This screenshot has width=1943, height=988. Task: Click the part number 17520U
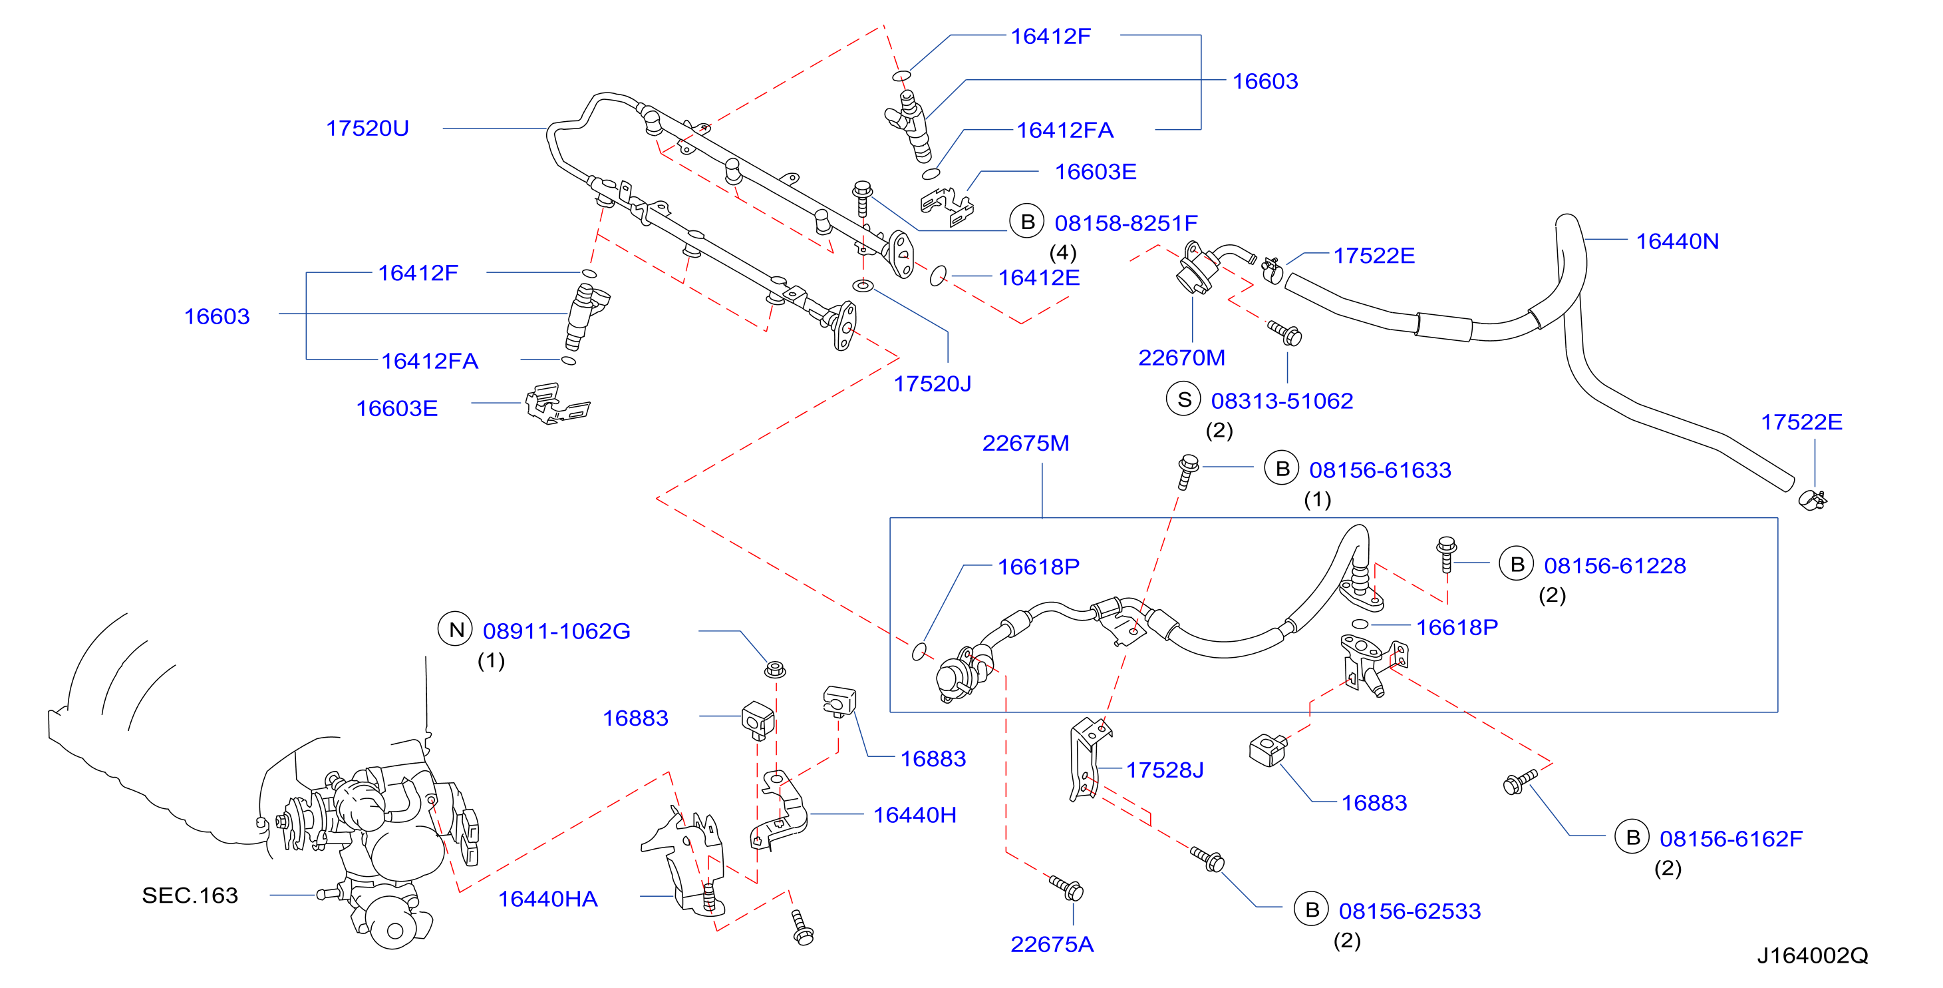pos(367,128)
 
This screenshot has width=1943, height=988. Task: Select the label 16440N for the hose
pos(1677,242)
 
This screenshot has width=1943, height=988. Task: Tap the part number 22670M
pos(1181,358)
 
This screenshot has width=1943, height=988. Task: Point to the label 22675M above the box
pos(1025,443)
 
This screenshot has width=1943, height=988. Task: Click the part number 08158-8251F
pos(1125,224)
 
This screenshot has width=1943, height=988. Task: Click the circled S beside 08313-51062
pos(1184,399)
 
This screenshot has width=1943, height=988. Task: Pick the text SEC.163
pos(190,895)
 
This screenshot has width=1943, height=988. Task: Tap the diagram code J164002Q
pos(1813,955)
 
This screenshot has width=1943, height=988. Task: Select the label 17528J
pos(1165,770)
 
